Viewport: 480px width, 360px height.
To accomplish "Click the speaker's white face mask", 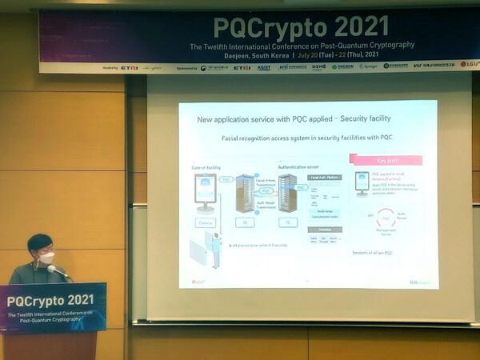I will pyautogui.click(x=46, y=258).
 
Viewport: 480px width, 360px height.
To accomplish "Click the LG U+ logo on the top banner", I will pyautogui.click(x=468, y=66).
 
